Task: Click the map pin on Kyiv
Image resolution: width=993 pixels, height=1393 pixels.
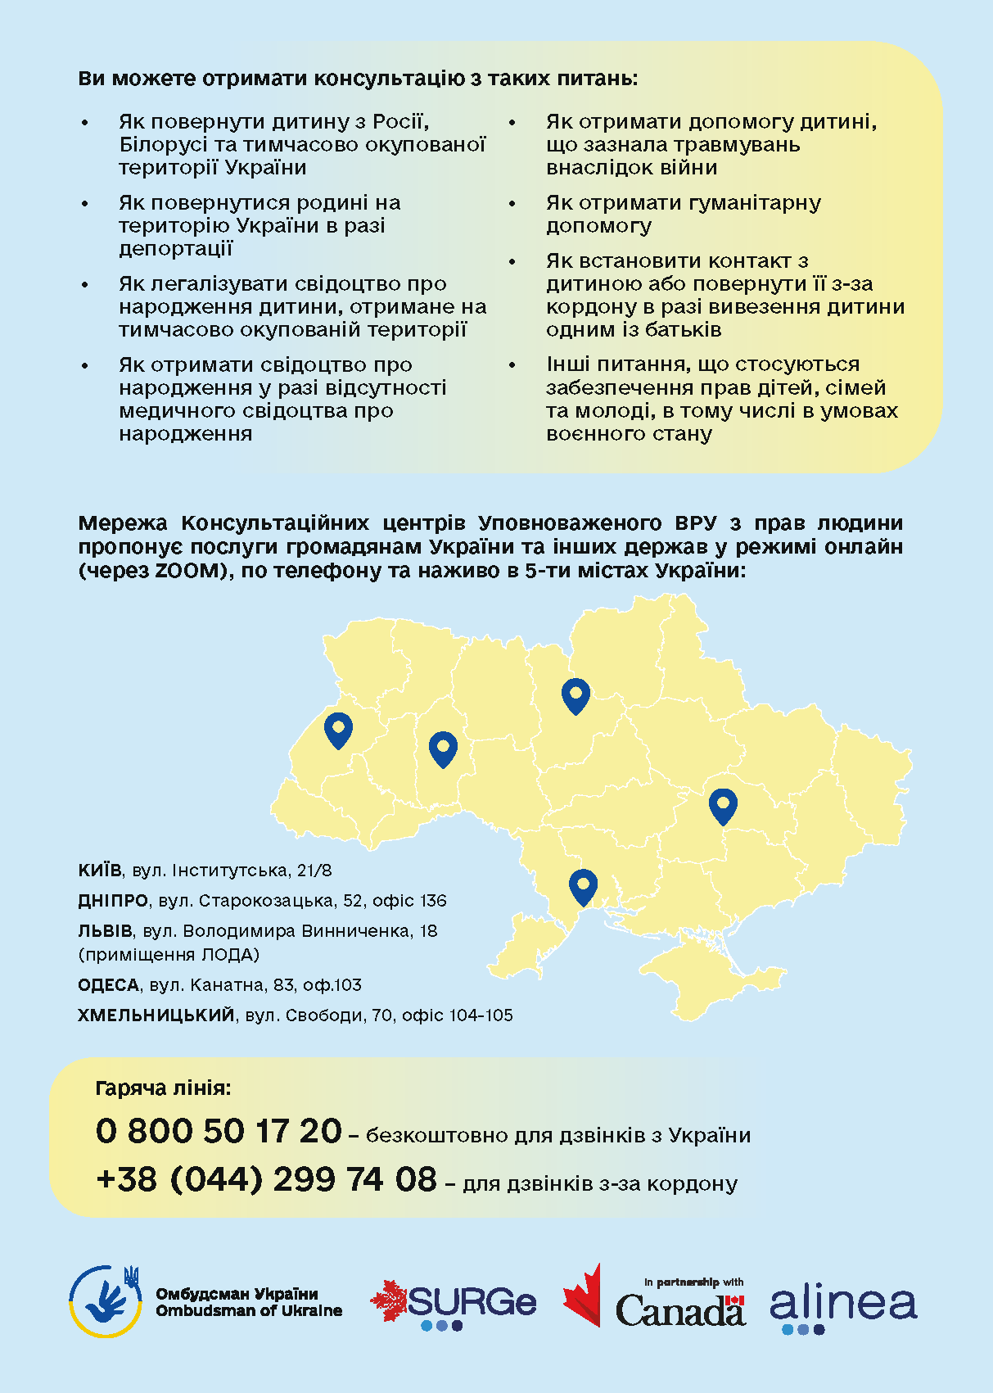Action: pyautogui.click(x=575, y=694)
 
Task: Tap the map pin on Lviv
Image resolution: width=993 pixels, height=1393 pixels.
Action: pyautogui.click(x=338, y=728)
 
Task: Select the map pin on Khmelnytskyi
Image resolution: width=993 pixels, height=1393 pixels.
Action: pyautogui.click(x=443, y=747)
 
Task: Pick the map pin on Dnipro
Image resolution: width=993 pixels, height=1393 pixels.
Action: pyautogui.click(x=723, y=804)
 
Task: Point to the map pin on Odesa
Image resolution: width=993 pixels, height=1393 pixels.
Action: pyautogui.click(x=583, y=885)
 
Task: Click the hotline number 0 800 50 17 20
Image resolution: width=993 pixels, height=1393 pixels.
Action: pyautogui.click(x=219, y=1131)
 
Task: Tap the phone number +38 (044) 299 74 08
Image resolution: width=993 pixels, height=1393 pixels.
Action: pyautogui.click(x=266, y=1179)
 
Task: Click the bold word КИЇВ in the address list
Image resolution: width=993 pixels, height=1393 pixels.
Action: pyautogui.click(x=100, y=870)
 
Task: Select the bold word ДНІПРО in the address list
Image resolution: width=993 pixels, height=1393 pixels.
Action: pyautogui.click(x=113, y=901)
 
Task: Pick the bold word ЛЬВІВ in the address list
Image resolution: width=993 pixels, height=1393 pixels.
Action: pyautogui.click(x=105, y=931)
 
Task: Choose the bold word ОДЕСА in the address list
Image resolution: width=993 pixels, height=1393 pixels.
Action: pyautogui.click(x=108, y=985)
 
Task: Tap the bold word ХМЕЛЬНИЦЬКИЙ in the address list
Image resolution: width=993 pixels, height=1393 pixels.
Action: pyautogui.click(x=156, y=1015)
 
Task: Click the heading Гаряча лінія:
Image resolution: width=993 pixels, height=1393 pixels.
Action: pyautogui.click(x=163, y=1088)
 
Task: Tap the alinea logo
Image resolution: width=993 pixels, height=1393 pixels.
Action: pyautogui.click(x=843, y=1305)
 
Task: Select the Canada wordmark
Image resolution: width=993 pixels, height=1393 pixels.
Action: pyautogui.click(x=679, y=1309)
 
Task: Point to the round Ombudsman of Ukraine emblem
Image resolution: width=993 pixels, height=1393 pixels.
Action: pyautogui.click(x=105, y=1301)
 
